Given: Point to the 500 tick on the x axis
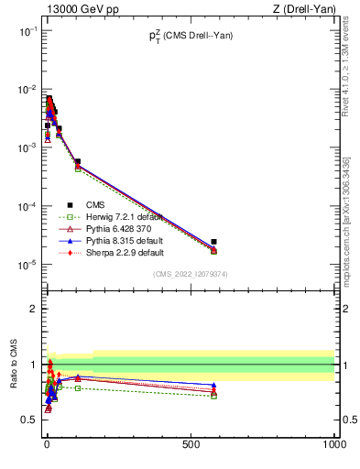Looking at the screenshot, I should click(191, 444).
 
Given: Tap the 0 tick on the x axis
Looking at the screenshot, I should click(47, 444).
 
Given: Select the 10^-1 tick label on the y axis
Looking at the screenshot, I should click(27, 31).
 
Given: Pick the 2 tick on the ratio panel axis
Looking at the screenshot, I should click(33, 309).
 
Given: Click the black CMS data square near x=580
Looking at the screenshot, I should click(213, 242).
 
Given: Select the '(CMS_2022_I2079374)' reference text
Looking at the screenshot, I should click(191, 273).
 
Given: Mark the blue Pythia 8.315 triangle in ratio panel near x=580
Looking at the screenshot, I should click(213, 386).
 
